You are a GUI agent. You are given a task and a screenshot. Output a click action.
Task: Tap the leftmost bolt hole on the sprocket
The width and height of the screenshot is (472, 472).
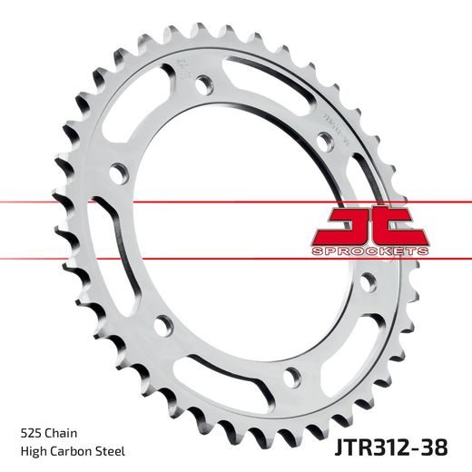pos(117,172)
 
